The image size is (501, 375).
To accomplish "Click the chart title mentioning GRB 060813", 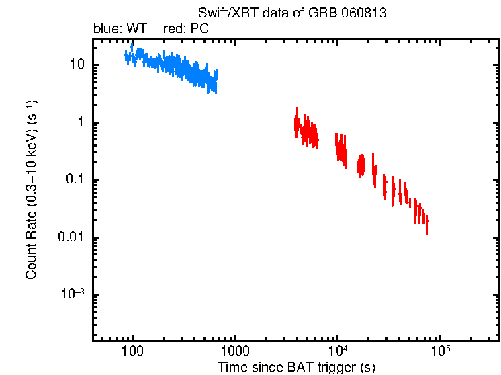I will (x=292, y=13).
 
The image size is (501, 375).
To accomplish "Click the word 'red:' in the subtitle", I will (x=177, y=30).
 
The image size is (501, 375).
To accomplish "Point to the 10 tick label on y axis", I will (x=76, y=65).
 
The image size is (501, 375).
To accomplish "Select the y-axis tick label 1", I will (x=79, y=122).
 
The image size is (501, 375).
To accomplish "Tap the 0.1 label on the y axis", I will (x=74, y=180).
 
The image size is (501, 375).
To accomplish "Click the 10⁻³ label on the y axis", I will (x=73, y=295).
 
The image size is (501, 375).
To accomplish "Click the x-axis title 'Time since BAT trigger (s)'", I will (x=295, y=367).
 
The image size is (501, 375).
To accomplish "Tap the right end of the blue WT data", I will (x=216, y=81).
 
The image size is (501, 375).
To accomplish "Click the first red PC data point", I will (x=295, y=123).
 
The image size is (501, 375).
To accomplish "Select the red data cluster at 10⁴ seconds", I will (x=341, y=149).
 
